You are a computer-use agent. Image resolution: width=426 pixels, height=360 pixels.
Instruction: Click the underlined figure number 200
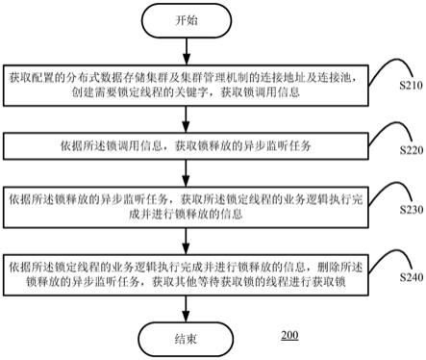[289, 337]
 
